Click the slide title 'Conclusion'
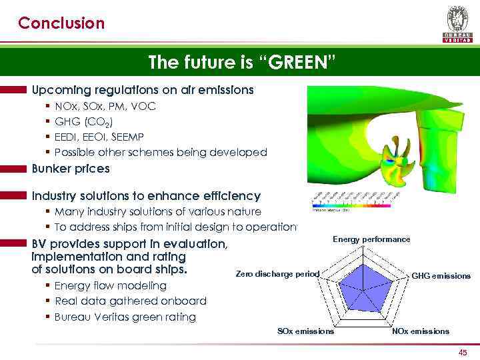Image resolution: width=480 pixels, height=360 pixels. tap(61, 23)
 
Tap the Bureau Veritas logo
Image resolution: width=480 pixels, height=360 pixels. tap(457, 23)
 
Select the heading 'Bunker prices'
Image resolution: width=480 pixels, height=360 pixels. tap(71, 169)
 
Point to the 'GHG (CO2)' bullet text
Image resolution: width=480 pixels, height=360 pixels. tap(83, 121)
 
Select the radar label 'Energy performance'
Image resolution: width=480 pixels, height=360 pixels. tap(371, 239)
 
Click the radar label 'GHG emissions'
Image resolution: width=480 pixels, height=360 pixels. tap(441, 275)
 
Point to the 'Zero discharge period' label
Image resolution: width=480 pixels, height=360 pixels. tap(278, 274)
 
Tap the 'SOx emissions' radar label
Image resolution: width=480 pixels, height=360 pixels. tap(305, 331)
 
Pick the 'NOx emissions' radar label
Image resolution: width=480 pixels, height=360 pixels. tap(420, 331)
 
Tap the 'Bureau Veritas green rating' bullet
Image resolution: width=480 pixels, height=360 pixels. tap(125, 317)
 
